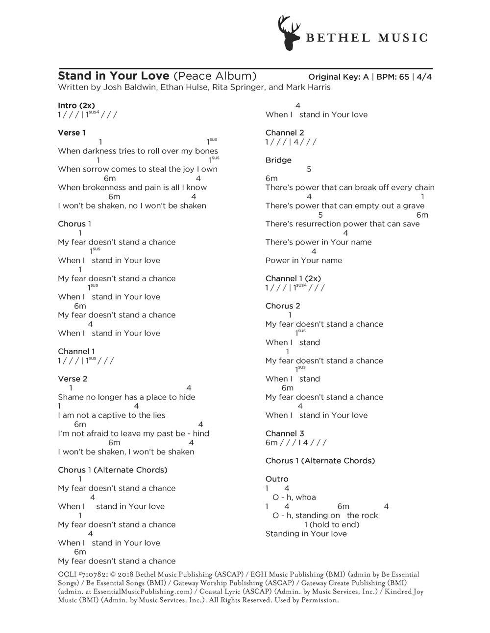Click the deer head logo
[x=289, y=33]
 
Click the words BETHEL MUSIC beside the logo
[x=367, y=38]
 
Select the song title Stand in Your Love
[x=114, y=76]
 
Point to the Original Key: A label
[x=338, y=77]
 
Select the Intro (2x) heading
[x=76, y=105]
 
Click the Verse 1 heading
[x=72, y=133]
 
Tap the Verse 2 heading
[x=73, y=379]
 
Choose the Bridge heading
[x=278, y=160]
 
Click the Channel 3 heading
[x=285, y=433]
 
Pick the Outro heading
[x=277, y=479]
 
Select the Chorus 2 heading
[x=283, y=306]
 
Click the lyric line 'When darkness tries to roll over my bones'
[x=138, y=151]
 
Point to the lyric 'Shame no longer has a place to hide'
[x=126, y=397]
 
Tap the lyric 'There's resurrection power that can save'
[x=343, y=224]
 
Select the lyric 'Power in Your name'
[x=304, y=260]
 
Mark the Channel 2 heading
[x=285, y=133]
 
